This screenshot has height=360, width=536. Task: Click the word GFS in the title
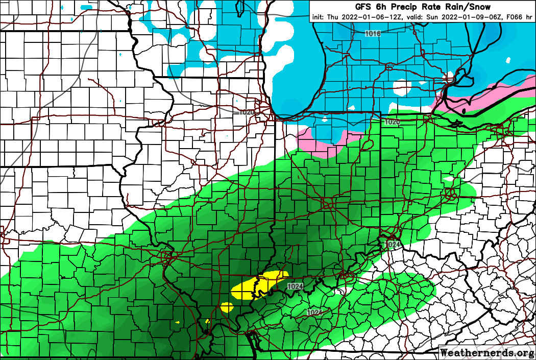[x=364, y=7]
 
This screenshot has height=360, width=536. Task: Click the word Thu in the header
[x=332, y=16]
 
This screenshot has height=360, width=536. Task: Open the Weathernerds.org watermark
[x=486, y=352]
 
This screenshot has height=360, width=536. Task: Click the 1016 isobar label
[x=373, y=33]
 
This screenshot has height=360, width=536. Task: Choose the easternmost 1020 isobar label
[x=392, y=122]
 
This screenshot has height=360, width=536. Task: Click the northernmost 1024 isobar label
[x=393, y=245]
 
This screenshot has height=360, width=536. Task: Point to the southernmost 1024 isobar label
[x=314, y=312]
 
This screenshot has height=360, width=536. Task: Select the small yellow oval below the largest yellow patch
[x=227, y=307]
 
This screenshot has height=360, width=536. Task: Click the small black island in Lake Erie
[x=464, y=110]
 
